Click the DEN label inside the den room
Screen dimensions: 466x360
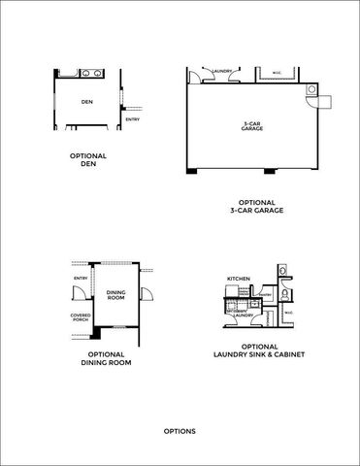[x=86, y=101]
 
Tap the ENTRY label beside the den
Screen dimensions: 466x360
[x=132, y=119]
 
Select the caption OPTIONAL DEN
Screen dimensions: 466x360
[x=88, y=159]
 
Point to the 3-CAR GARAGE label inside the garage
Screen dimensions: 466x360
[x=251, y=125]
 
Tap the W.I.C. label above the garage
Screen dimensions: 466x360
[x=277, y=70]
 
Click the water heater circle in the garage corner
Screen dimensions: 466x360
[x=311, y=88]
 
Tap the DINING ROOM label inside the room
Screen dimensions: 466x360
[x=115, y=294]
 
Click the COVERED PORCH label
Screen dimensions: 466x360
[x=82, y=318]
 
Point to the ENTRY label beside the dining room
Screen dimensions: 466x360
[x=81, y=281]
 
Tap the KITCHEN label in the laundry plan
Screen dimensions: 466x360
[x=239, y=279]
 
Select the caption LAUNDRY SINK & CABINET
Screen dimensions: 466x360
[x=260, y=354]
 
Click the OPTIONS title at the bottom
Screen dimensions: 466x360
[x=180, y=430]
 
